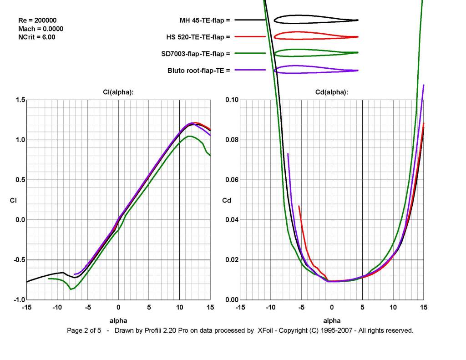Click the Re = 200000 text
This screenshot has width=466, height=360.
[37, 20]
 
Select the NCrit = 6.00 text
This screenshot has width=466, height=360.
[36, 37]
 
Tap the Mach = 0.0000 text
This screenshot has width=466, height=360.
[41, 29]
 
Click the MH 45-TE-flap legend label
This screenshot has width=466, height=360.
[205, 20]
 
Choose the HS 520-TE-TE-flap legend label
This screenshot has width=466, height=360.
[198, 36]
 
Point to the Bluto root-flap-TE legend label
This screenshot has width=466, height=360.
[198, 70]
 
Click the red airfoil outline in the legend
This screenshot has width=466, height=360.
[316, 36]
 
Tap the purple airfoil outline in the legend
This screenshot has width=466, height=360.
[316, 69]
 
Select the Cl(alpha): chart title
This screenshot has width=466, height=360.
[118, 92]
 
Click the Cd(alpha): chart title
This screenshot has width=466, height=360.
[332, 92]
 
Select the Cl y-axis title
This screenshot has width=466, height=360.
[13, 200]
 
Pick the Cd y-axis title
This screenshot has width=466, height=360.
[226, 200]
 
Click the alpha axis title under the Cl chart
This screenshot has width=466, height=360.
[118, 320]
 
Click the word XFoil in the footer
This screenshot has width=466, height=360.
[263, 330]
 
